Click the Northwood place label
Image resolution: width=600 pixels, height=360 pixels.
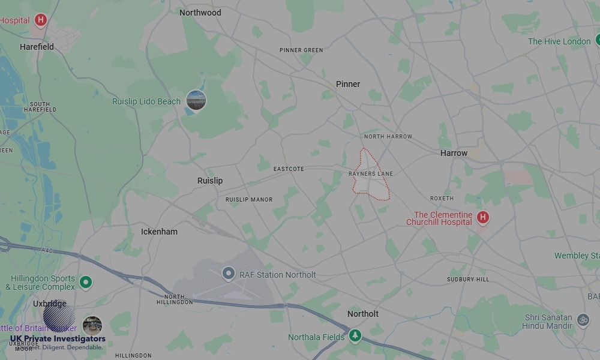(200, 13)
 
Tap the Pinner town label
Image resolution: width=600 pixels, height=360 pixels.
(348, 84)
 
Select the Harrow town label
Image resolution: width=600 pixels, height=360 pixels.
(454, 153)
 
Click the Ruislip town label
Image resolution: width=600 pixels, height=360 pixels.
(210, 181)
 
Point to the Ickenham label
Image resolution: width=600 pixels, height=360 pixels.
(159, 232)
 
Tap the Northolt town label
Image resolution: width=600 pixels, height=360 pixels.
(363, 314)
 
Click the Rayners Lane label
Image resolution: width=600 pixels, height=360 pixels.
(371, 174)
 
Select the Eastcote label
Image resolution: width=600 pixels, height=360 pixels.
(289, 169)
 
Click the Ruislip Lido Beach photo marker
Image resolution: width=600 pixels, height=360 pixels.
(196, 100)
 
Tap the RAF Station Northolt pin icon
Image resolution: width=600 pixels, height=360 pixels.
(228, 274)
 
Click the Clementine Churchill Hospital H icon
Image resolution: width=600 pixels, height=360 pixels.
(482, 217)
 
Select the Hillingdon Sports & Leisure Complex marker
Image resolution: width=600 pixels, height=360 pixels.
(86, 281)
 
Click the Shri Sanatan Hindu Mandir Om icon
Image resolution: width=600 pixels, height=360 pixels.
(583, 320)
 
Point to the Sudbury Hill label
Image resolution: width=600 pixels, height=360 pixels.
(468, 280)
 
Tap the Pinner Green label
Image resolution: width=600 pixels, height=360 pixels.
(301, 50)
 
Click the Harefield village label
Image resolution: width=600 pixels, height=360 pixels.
(37, 47)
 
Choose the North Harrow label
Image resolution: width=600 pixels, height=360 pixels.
(388, 137)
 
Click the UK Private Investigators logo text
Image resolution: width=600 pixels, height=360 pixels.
(58, 339)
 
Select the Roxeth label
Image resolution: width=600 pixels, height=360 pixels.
(442, 199)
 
